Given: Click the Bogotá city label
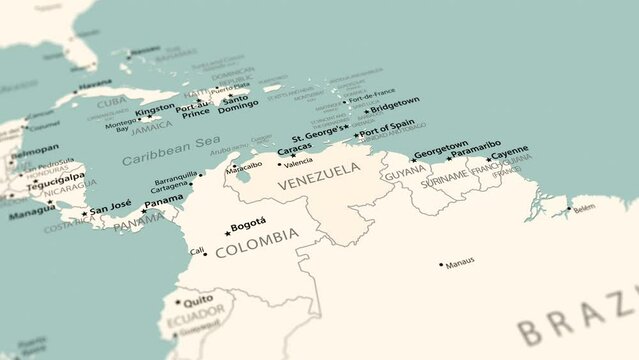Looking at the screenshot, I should (x=249, y=223).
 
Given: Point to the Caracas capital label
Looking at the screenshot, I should (x=295, y=148).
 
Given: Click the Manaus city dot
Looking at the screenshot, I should (x=441, y=265).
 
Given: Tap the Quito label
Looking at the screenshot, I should (x=198, y=298).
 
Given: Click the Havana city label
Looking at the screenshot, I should (x=95, y=83).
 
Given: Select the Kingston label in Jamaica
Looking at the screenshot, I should (x=155, y=108).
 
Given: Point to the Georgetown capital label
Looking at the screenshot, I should (x=441, y=146).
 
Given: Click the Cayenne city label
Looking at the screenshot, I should (x=511, y=151).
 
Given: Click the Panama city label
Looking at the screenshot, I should (x=163, y=202).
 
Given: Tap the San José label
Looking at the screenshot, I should (x=111, y=210).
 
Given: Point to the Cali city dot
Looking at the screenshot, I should (x=206, y=253).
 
